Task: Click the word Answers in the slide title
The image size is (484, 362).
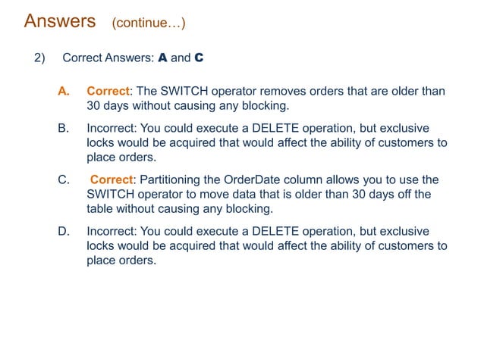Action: click(x=60, y=21)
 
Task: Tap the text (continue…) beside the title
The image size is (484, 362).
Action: click(x=148, y=23)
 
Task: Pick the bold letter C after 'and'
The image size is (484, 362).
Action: click(x=199, y=58)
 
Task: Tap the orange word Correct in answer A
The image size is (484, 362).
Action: click(x=106, y=92)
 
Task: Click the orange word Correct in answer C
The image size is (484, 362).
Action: click(x=112, y=179)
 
